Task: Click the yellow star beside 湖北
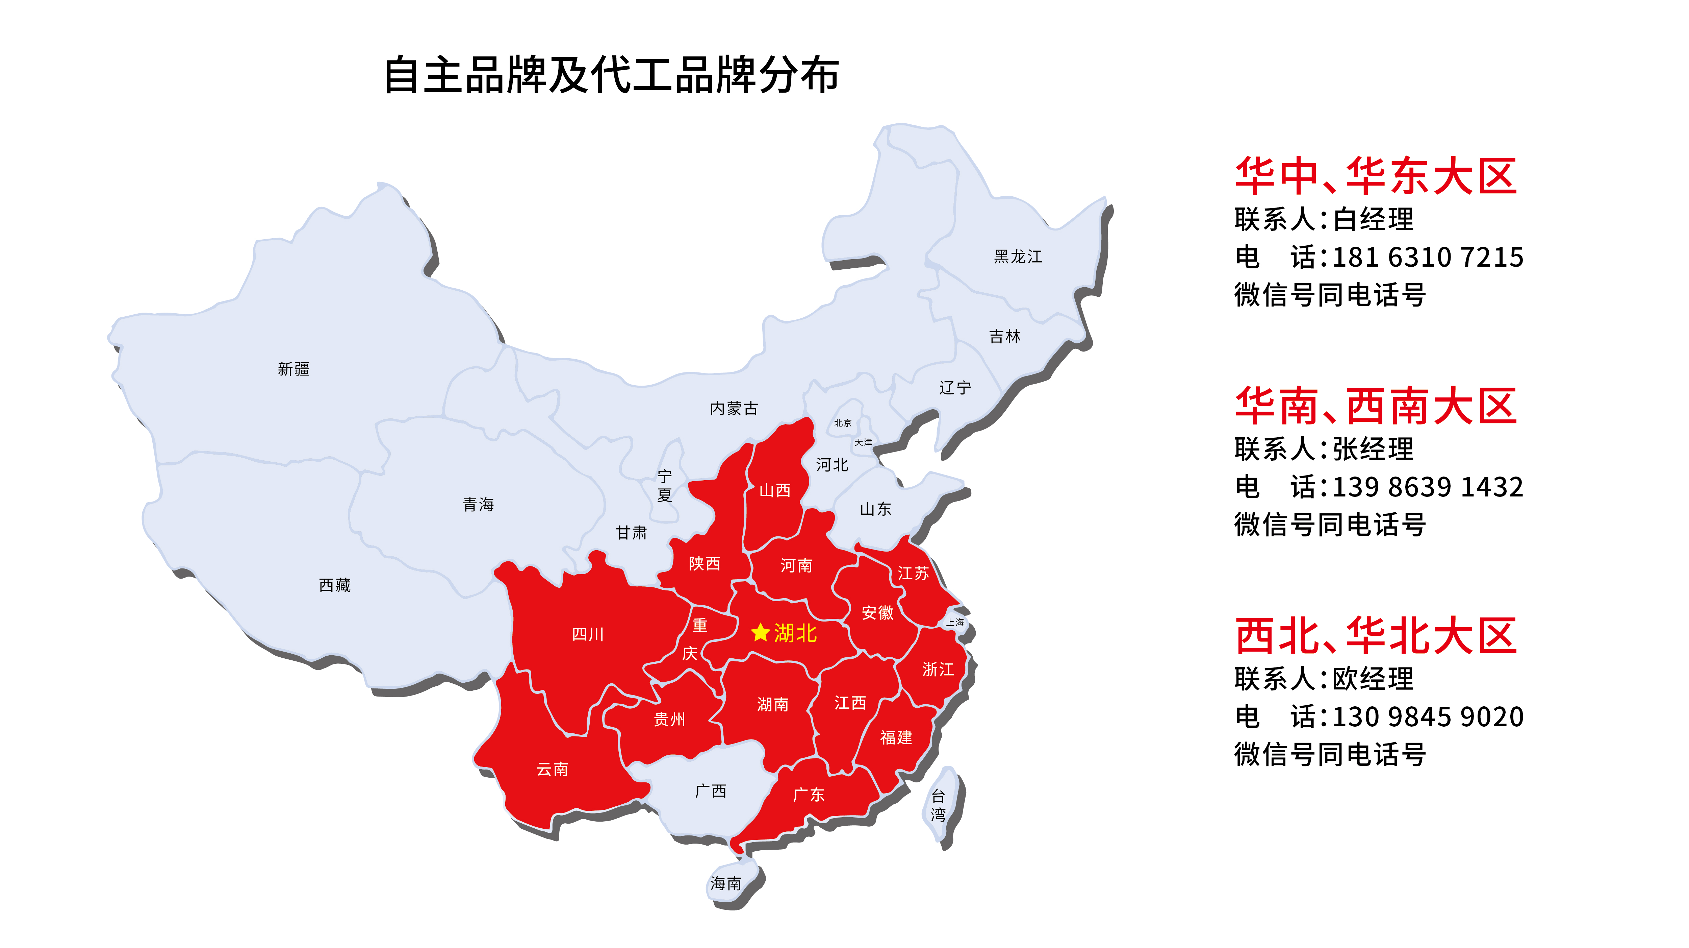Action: coord(760,632)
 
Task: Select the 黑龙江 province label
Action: coord(1018,257)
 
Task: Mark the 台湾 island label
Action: coord(938,806)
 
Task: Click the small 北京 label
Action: coord(843,423)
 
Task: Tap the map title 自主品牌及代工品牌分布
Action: coord(611,75)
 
